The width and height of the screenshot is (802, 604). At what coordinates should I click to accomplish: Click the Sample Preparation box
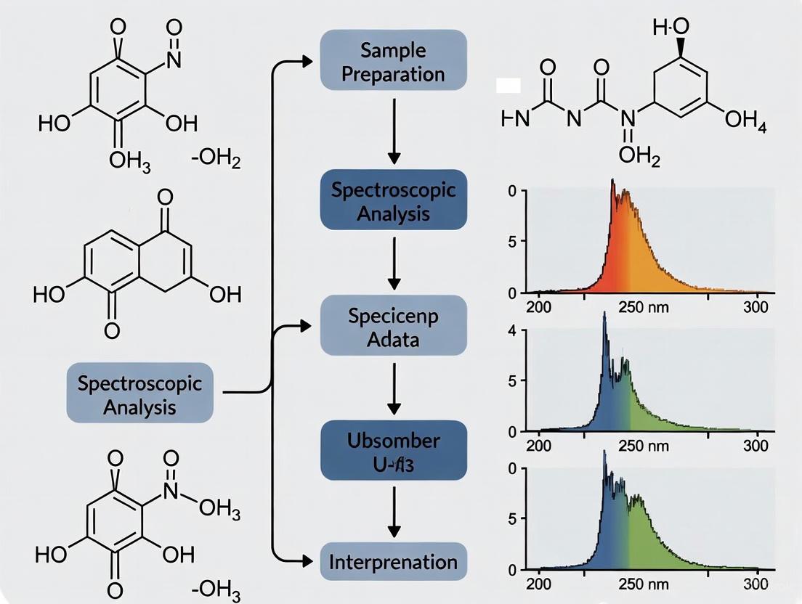(393, 61)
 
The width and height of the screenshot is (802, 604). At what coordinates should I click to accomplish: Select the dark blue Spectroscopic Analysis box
(393, 200)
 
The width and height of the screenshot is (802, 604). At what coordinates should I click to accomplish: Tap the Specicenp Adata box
(393, 325)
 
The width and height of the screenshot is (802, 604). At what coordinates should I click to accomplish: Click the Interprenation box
(393, 561)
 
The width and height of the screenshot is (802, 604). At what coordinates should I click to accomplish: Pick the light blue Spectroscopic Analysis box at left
(140, 392)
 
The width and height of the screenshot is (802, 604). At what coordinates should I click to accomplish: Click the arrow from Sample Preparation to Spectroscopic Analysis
(393, 131)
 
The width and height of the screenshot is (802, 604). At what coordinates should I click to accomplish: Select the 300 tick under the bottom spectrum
(756, 585)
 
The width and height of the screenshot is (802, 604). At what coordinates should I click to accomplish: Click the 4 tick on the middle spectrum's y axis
(512, 331)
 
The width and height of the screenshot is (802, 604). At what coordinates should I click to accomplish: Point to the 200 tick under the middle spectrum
(538, 445)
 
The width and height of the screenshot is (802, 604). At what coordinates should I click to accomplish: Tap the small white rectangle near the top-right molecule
(508, 86)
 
